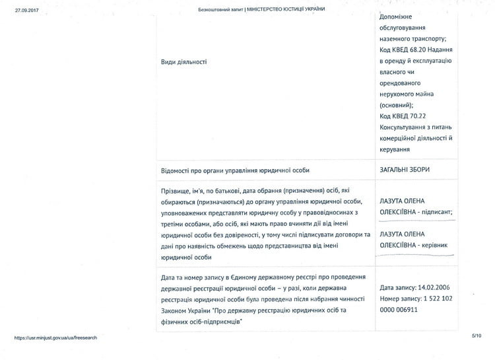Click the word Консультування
click(x=403, y=126)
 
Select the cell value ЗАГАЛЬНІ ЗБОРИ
click(x=405, y=170)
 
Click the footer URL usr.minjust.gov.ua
click(x=55, y=338)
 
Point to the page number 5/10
click(x=477, y=336)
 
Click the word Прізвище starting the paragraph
click(x=177, y=191)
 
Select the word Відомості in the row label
click(x=178, y=170)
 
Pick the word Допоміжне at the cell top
click(x=399, y=18)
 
